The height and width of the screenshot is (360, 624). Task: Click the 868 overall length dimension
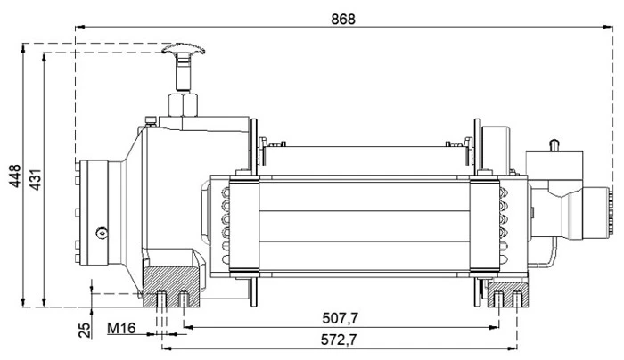click(x=341, y=19)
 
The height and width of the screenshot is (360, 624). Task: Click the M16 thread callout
click(x=120, y=329)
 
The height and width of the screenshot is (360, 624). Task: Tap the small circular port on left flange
click(x=101, y=234)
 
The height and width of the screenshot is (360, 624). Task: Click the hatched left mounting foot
click(x=172, y=284)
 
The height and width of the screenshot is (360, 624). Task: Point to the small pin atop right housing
click(x=555, y=143)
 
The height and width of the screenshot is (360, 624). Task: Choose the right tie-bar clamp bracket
click(x=486, y=226)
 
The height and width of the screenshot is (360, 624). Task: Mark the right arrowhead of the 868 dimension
click(x=609, y=28)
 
